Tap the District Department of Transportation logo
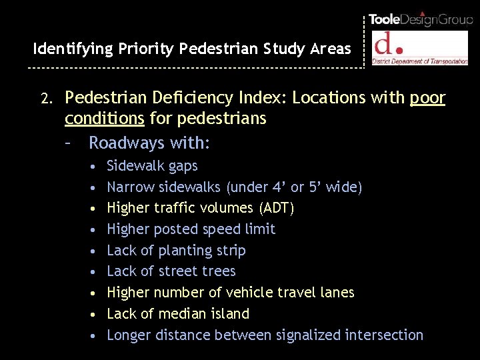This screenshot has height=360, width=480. [420, 48]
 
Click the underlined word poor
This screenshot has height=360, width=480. [427, 99]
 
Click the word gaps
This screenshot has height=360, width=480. [183, 165]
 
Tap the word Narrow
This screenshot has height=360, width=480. [129, 187]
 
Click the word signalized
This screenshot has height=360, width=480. [304, 335]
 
